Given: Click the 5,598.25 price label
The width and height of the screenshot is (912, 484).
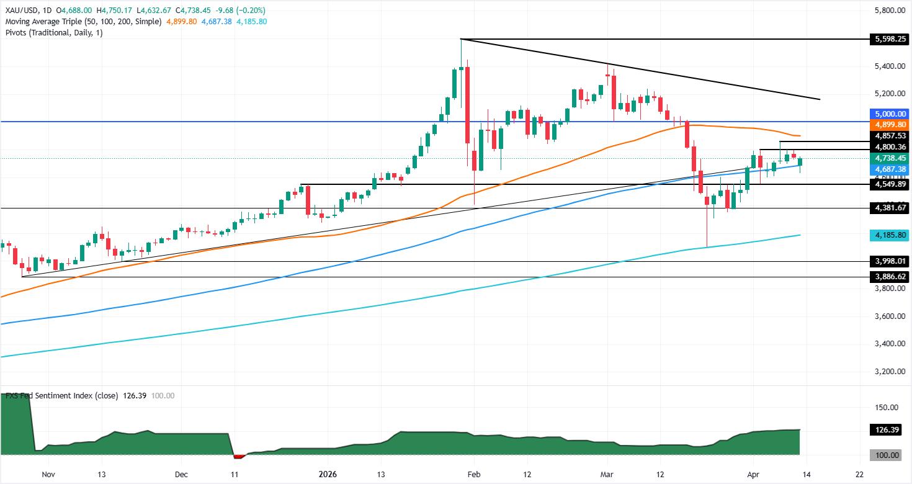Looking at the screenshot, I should click(x=890, y=38).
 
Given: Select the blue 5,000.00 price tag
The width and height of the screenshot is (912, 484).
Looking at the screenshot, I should click(x=890, y=114).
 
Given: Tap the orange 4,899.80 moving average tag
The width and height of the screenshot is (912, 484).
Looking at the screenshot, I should click(x=890, y=124).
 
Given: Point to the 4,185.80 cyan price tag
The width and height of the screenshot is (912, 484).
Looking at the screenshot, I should click(x=890, y=235).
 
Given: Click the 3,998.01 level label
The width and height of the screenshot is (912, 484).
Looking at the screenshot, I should click(x=890, y=261).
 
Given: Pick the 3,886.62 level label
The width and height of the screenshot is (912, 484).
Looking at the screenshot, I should click(x=890, y=277).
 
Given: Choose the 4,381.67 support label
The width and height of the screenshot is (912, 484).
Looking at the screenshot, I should click(x=890, y=208).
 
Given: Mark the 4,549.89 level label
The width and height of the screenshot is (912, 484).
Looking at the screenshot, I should click(x=890, y=184).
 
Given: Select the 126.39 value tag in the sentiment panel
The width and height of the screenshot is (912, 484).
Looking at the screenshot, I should click(x=890, y=429).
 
